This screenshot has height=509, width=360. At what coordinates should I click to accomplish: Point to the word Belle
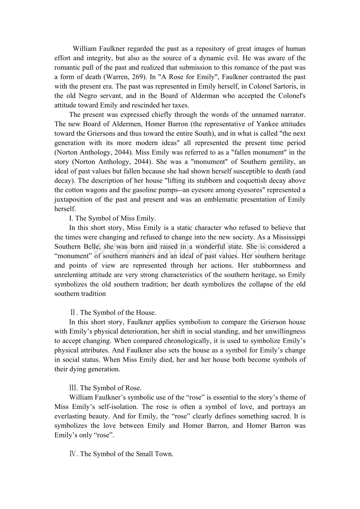[92, 247]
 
